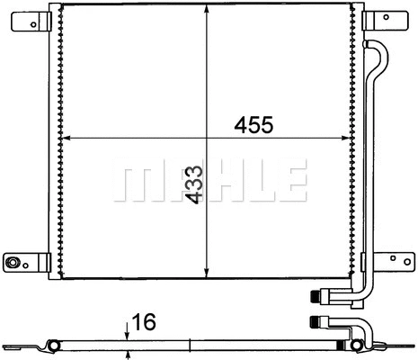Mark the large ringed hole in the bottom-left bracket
13,263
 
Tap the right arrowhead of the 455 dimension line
349,139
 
